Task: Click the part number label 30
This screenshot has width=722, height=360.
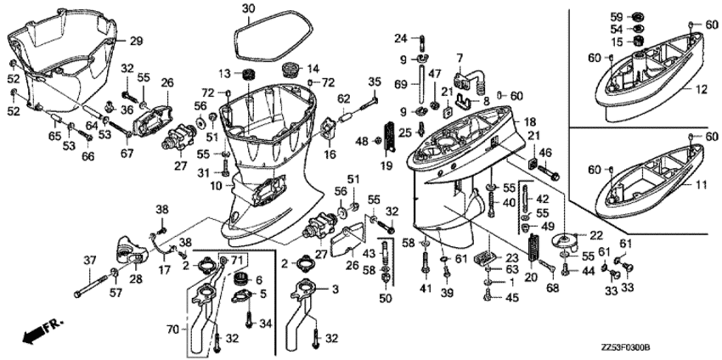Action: (247, 10)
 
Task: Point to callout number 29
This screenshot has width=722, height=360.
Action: (136, 41)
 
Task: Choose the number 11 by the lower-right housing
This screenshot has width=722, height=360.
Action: (702, 184)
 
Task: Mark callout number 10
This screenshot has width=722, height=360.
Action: (217, 185)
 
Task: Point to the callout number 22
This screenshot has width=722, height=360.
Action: (596, 234)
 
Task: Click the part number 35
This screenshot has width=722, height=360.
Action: (375, 82)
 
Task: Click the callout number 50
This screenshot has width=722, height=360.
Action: (385, 297)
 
